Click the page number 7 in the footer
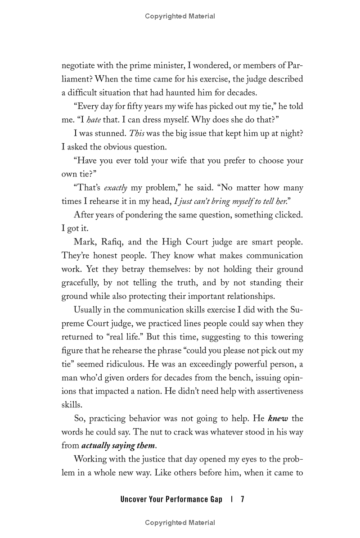click(x=242, y=499)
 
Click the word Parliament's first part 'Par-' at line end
click(x=295, y=66)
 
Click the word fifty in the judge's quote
click(x=136, y=107)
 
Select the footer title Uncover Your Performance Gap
click(x=171, y=499)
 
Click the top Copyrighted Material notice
click(x=180, y=16)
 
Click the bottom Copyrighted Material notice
click(x=180, y=523)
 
